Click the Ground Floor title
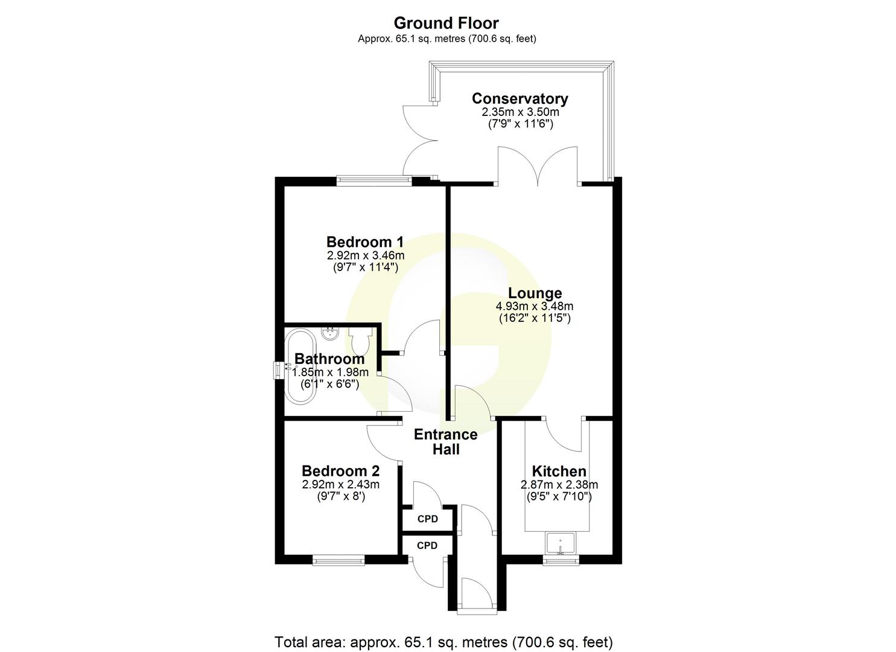point(446,24)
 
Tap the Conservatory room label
point(519,98)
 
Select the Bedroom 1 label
point(365,241)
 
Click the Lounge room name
point(535,293)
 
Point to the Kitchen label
point(559,471)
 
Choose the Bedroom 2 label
point(341,471)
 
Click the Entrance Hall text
point(446,442)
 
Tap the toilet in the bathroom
point(361,341)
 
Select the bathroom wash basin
point(330,333)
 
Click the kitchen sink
point(561,543)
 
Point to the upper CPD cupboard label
point(427,519)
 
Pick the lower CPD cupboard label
point(427,546)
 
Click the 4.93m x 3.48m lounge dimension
point(535,306)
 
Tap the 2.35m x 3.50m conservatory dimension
point(519,112)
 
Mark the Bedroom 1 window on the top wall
point(373,179)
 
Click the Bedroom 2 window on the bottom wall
point(338,561)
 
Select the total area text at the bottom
point(443,641)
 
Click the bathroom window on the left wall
point(279,370)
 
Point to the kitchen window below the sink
point(561,561)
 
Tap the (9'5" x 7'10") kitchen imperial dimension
point(559,497)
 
